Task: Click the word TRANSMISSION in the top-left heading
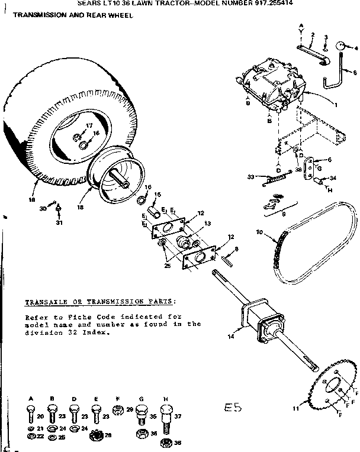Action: point(33,15)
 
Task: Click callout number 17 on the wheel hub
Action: point(88,125)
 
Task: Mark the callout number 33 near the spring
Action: point(250,176)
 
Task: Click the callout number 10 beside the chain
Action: point(259,231)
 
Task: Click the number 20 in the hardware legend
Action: point(39,416)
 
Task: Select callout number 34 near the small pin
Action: point(333,178)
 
